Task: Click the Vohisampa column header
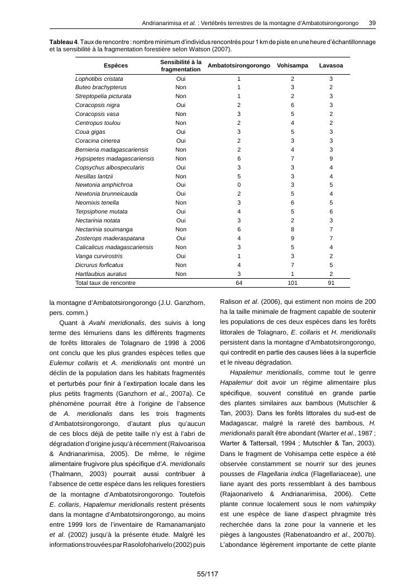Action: point(292,66)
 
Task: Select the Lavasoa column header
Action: point(331,66)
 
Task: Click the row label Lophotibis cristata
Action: point(99,79)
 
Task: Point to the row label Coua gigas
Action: point(90,132)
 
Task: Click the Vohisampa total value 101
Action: point(292,283)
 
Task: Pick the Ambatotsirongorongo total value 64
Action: point(238,283)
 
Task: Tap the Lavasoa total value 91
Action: point(331,283)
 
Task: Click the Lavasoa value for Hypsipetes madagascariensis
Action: point(331,159)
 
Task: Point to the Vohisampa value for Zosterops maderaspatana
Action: point(292,239)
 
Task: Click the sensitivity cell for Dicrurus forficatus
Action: point(181,265)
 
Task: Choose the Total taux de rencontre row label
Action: point(106,283)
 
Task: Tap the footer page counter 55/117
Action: point(207,574)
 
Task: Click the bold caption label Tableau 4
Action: point(64,42)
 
